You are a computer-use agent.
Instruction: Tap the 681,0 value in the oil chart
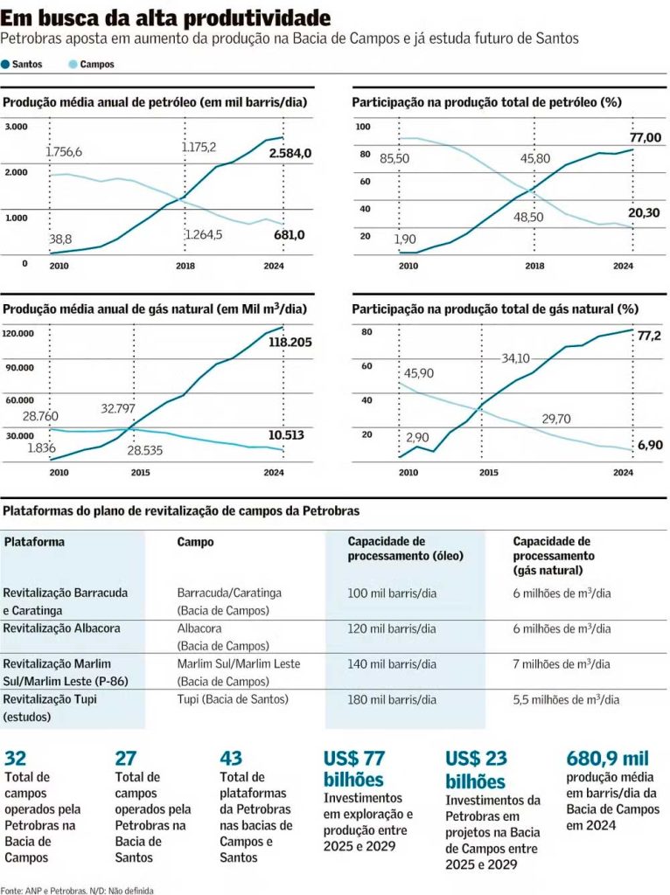tap(288, 235)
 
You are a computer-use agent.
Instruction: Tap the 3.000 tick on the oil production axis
tap(17, 128)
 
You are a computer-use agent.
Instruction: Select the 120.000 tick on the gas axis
tap(20, 333)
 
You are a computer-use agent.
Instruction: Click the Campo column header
tap(195, 542)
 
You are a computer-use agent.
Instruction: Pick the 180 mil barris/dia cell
tap(391, 699)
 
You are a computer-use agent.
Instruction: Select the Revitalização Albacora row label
tap(61, 628)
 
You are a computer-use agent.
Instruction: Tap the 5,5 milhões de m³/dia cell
tap(566, 699)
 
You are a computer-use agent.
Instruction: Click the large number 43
tap(232, 759)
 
